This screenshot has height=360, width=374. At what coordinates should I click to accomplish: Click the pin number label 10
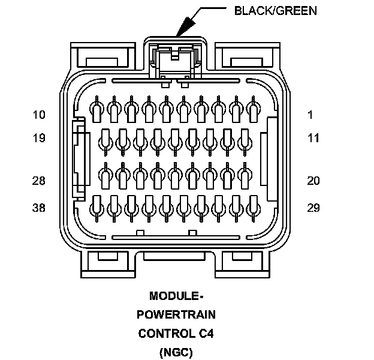[39, 115]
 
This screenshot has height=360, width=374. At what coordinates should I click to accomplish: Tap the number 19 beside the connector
[39, 139]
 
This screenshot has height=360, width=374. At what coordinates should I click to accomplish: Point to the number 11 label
[314, 139]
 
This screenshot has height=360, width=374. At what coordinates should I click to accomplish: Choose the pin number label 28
[39, 181]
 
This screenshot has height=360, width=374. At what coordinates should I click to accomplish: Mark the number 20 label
[314, 181]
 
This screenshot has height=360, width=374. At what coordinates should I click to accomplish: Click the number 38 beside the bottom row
[39, 208]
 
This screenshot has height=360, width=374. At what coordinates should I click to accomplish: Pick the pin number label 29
[314, 208]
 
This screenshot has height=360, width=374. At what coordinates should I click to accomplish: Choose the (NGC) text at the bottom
[176, 352]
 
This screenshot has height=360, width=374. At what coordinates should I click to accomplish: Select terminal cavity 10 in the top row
[95, 110]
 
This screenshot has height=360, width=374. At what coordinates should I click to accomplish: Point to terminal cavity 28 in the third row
[105, 176]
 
